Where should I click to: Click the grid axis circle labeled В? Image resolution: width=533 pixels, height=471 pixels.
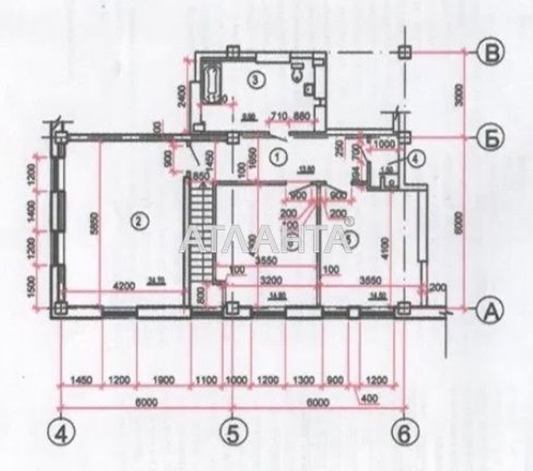[491, 52]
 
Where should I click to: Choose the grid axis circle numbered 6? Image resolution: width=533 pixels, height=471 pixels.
[404, 434]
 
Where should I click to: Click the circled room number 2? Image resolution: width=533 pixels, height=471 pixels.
[137, 221]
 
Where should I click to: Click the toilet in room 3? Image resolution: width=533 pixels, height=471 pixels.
[298, 70]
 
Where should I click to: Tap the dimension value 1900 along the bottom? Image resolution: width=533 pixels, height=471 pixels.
[163, 381]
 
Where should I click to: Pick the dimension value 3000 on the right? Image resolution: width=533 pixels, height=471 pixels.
[461, 94]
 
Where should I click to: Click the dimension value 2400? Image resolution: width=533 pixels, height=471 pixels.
[182, 94]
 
